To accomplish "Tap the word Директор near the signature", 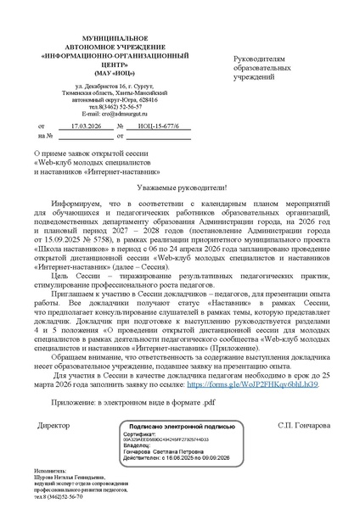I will click(55, 424).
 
